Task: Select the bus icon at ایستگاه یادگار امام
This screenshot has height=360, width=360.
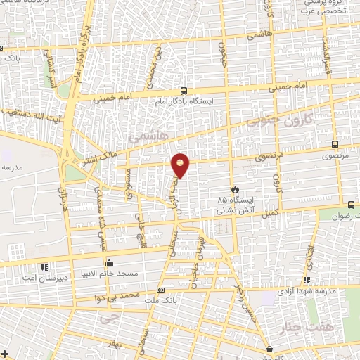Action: click(x=184, y=91)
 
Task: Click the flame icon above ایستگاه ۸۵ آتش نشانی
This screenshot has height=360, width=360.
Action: click(x=236, y=189)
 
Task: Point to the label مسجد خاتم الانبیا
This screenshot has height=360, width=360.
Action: click(x=130, y=274)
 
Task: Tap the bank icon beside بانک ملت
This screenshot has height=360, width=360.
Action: click(x=161, y=290)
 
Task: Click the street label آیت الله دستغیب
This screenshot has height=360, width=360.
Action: click(x=28, y=111)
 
